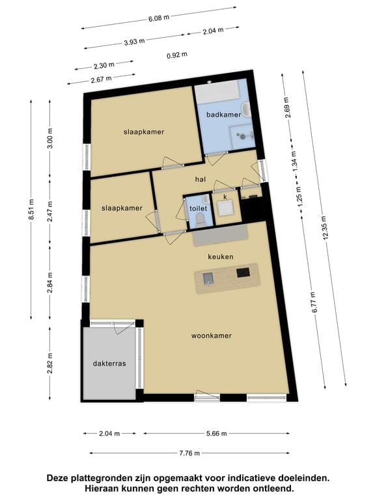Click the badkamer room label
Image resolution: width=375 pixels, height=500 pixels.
click(223, 115)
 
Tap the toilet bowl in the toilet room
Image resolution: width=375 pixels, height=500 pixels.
click(201, 219)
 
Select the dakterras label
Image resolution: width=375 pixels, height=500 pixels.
click(109, 363)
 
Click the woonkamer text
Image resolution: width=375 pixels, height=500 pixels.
click(212, 335)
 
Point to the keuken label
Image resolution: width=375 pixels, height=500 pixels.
click(221, 257)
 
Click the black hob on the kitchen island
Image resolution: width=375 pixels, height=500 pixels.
click(243, 273)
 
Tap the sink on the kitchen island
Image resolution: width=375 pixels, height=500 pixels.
click(208, 279)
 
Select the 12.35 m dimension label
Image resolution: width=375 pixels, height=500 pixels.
click(325, 227)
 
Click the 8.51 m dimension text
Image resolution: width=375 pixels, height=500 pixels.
click(31, 209)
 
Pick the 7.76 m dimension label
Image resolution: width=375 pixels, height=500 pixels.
click(189, 453)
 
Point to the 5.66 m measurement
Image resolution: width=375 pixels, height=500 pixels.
click(217, 434)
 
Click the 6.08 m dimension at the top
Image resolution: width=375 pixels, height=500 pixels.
click(159, 18)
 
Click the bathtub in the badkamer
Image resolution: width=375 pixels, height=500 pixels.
click(217, 92)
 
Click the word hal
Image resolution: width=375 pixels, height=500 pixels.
click(201, 180)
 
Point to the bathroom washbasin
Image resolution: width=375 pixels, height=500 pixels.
click(247, 109)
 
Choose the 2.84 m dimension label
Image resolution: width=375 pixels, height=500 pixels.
click(49, 283)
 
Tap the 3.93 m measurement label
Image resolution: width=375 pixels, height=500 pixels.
click(134, 42)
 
